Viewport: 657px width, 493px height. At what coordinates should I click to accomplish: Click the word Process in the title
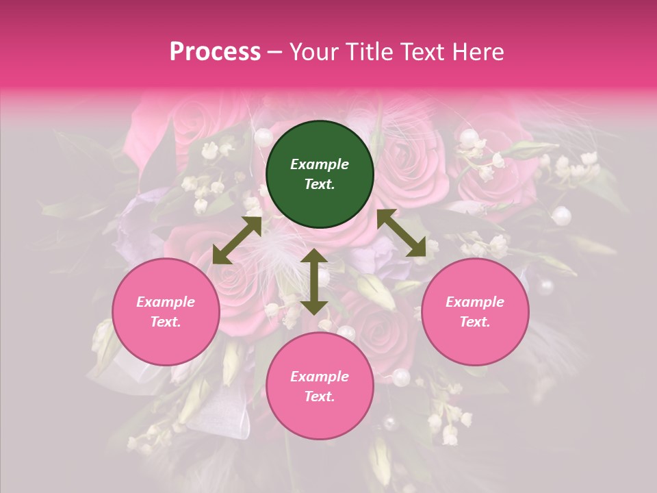pos(215,52)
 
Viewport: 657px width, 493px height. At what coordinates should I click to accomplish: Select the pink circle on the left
pos(166,312)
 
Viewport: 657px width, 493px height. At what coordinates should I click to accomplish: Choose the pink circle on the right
pos(475,312)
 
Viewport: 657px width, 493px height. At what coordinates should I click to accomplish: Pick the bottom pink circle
pos(320,386)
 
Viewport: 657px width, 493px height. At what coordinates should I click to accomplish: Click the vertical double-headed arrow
pos(314,281)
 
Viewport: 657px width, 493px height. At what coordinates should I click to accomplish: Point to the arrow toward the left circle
pos(237,240)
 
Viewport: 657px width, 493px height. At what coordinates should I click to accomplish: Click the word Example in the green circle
pos(320,164)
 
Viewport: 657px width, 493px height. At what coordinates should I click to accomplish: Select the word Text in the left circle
pos(166,322)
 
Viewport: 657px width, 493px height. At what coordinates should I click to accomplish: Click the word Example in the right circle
pos(475,302)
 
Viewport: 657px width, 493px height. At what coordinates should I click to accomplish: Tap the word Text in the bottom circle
pos(320,396)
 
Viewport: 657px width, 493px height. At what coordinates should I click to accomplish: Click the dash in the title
pos(274,52)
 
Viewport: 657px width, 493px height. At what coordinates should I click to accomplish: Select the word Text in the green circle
pos(320,184)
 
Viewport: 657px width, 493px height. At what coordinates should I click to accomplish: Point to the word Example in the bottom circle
pos(320,377)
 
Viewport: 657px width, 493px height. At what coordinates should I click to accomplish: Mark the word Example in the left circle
pos(166,302)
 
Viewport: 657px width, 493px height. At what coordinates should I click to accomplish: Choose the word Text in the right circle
pos(475,322)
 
